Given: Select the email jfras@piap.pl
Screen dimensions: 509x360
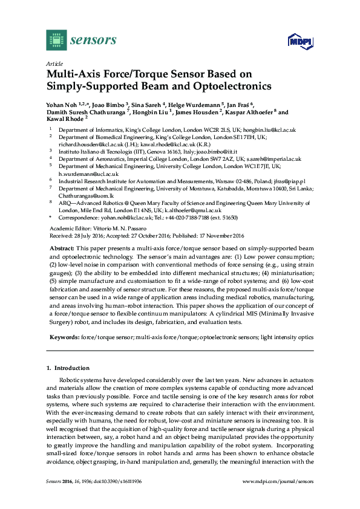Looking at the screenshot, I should (288, 180).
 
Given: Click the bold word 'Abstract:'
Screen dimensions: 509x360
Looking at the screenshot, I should (61, 248).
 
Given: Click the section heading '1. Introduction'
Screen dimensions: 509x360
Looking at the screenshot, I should (68, 368).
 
